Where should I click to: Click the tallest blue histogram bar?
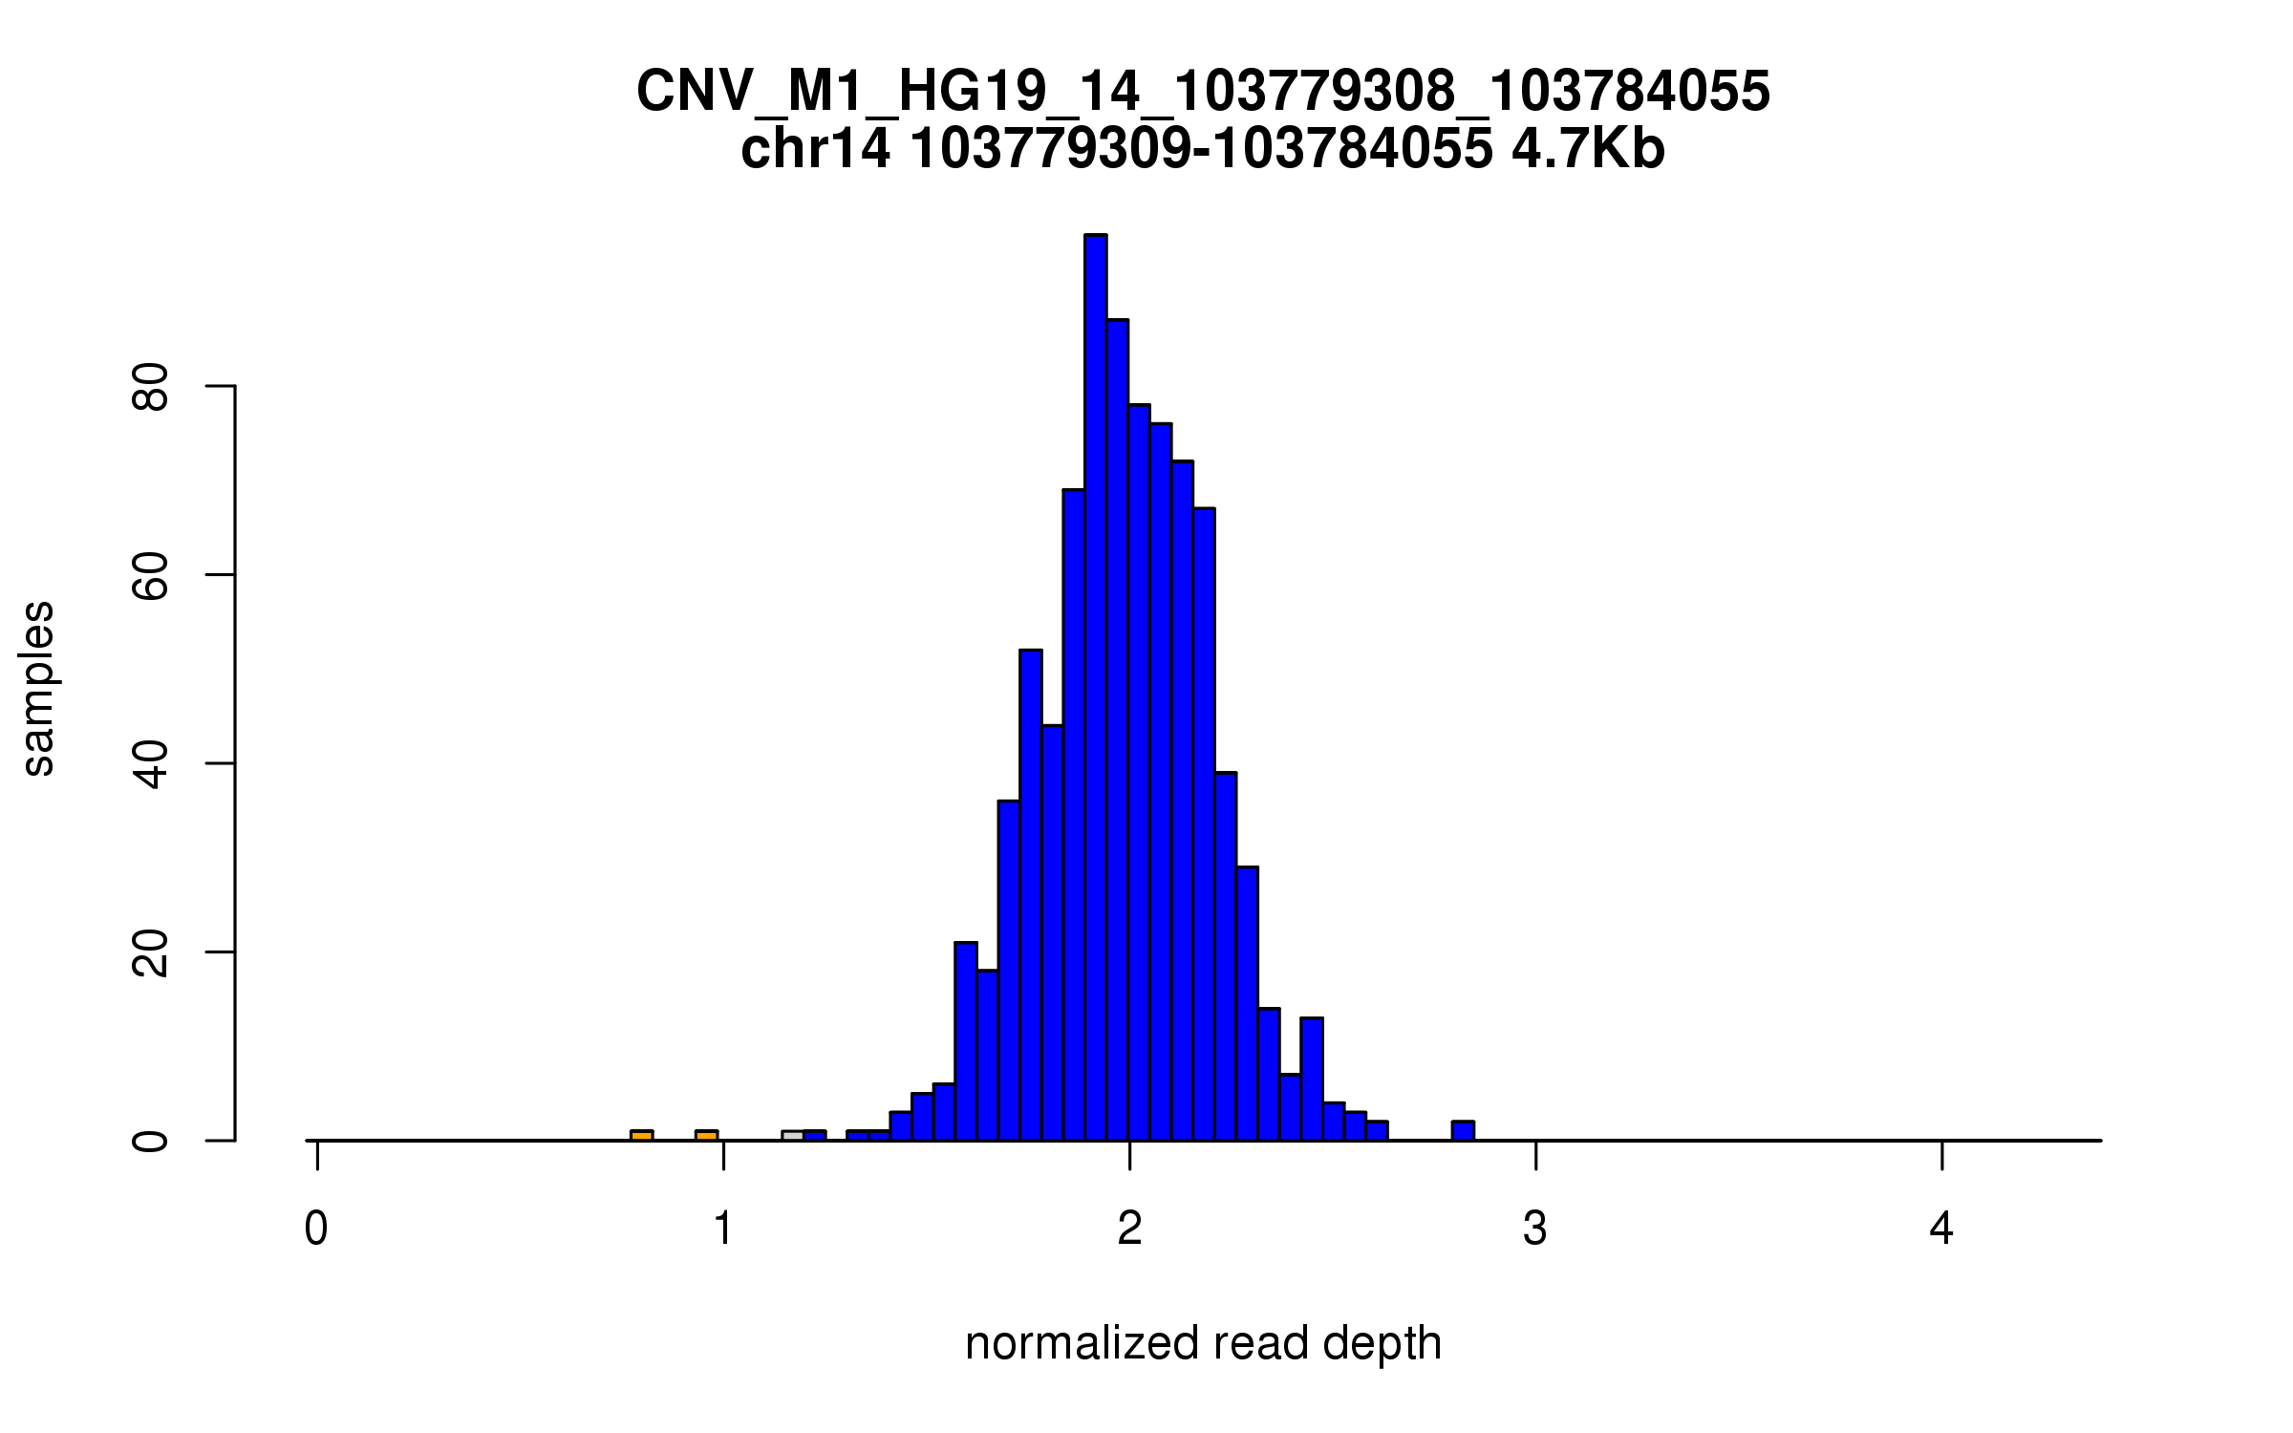1096,688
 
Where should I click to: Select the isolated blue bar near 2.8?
1463,1131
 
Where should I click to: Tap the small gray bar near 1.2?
792,1136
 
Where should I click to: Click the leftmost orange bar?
642,1136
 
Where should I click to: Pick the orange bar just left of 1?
707,1136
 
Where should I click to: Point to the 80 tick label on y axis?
151,386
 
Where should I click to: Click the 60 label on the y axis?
151,575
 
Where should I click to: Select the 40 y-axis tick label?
151,763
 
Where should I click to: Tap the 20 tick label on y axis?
151,952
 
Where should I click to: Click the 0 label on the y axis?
151,1141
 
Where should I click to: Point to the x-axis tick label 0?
316,1229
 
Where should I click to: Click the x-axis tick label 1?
723,1229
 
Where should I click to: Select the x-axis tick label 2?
1129,1229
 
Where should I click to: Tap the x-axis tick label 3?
1535,1229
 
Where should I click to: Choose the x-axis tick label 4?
1941,1229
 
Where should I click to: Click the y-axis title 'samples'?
38,688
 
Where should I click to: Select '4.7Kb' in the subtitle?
1588,149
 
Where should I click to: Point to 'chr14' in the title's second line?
816,149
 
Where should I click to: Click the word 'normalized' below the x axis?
1082,1344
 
